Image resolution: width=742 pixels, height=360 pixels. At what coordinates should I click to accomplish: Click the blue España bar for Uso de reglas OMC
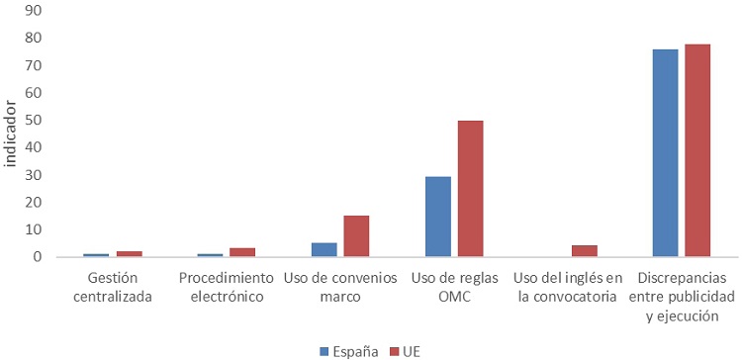(x=438, y=217)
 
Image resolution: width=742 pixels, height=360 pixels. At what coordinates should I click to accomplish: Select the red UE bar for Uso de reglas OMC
(x=470, y=189)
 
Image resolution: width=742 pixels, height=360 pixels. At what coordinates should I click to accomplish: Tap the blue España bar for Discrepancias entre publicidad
(x=665, y=153)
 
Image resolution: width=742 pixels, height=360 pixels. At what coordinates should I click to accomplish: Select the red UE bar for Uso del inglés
(x=584, y=251)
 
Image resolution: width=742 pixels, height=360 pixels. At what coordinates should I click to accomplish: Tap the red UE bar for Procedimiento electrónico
(x=242, y=252)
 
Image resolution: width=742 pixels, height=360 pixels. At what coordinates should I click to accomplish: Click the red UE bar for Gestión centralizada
(x=129, y=254)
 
